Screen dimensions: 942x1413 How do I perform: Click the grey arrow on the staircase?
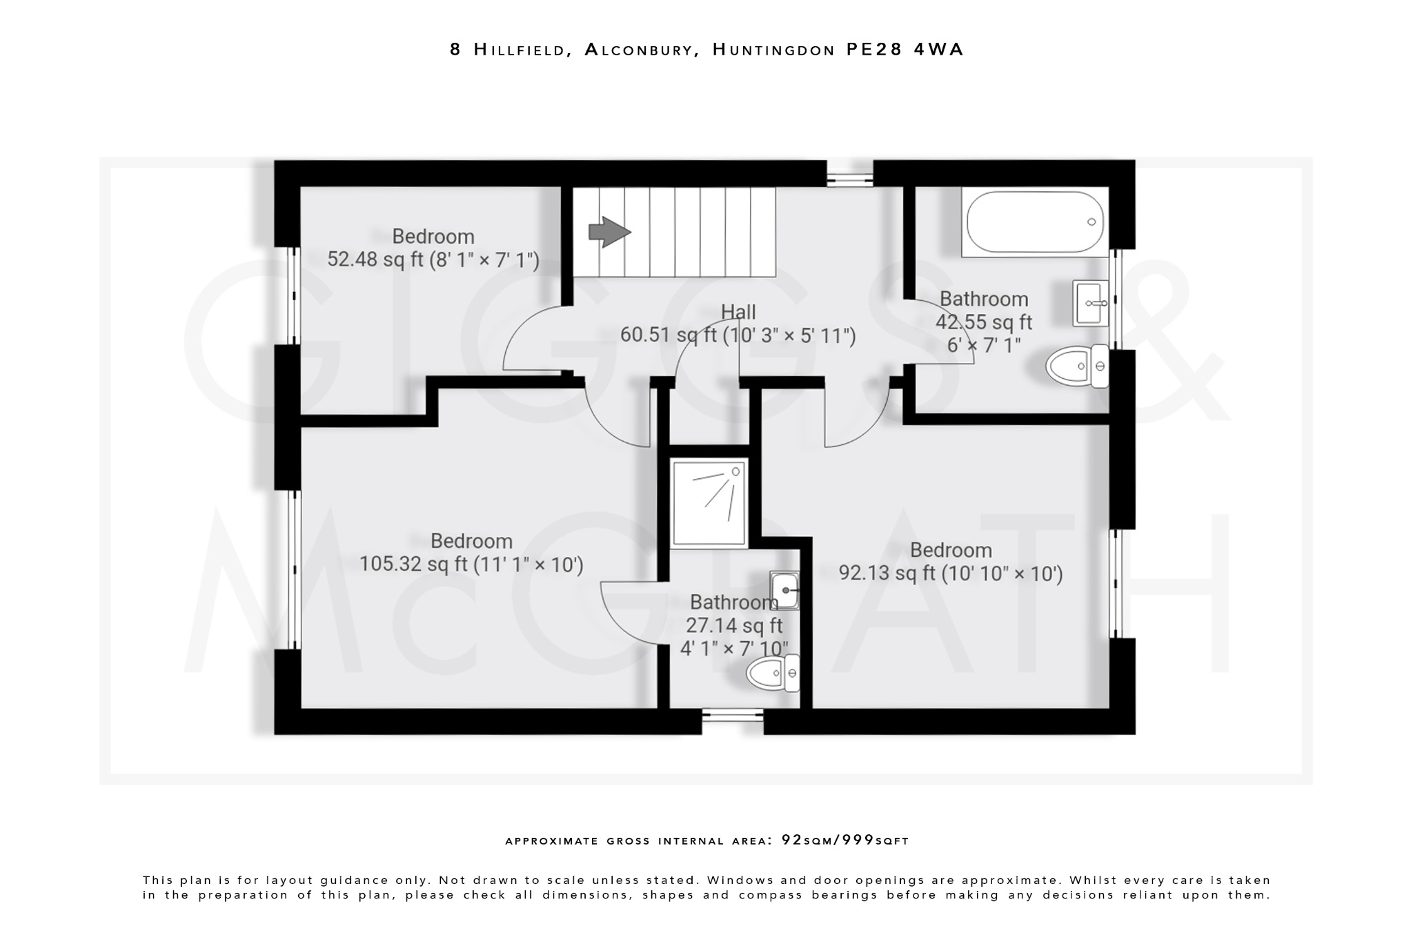tap(609, 232)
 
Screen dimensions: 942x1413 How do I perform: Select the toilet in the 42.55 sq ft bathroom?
tap(1076, 366)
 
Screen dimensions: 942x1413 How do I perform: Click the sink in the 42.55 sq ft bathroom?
tap(1090, 303)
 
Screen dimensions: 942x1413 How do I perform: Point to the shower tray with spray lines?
tap(709, 503)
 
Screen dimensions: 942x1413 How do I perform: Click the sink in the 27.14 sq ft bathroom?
tap(784, 590)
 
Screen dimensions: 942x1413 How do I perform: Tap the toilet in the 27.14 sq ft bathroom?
tap(773, 673)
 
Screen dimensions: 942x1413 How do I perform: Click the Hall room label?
tap(738, 312)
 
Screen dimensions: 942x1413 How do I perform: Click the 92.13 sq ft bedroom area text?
tap(891, 573)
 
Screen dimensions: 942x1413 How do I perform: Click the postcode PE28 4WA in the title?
tap(905, 50)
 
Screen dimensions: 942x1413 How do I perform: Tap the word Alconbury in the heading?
tap(638, 50)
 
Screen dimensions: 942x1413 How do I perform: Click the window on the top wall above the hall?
tap(849, 174)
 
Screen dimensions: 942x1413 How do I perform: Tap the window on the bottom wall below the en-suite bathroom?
tap(733, 721)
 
